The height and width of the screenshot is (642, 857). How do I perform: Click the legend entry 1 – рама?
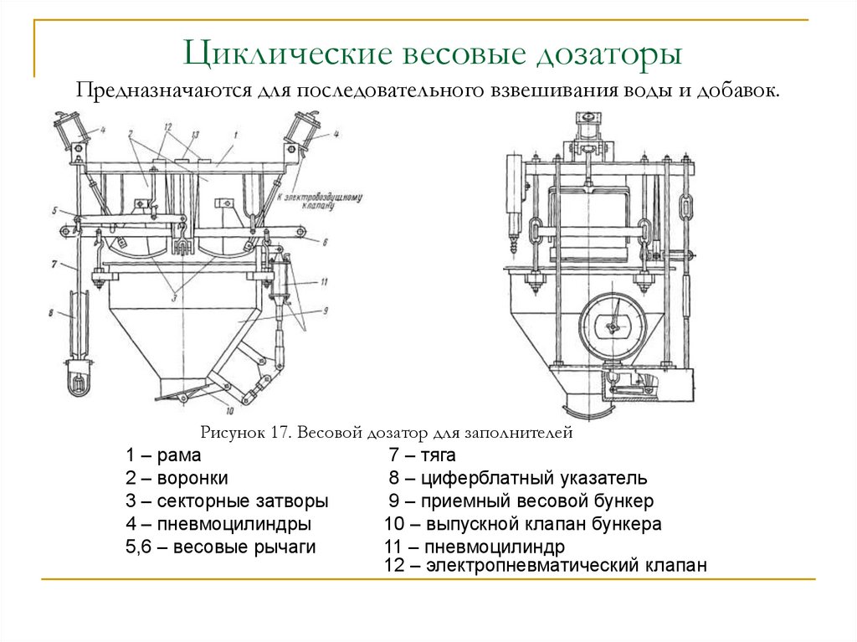(164, 456)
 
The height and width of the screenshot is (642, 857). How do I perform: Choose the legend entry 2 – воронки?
(177, 479)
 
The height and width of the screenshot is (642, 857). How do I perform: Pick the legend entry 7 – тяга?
(422, 456)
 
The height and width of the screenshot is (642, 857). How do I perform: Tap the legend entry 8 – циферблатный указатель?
(517, 479)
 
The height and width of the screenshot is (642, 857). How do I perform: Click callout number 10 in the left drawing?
(228, 411)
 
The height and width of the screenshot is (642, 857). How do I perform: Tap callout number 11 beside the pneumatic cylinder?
(324, 282)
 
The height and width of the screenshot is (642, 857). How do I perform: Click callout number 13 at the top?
(194, 134)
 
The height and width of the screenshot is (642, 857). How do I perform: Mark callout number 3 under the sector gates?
(177, 296)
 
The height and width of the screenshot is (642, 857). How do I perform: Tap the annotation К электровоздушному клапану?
(306, 198)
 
